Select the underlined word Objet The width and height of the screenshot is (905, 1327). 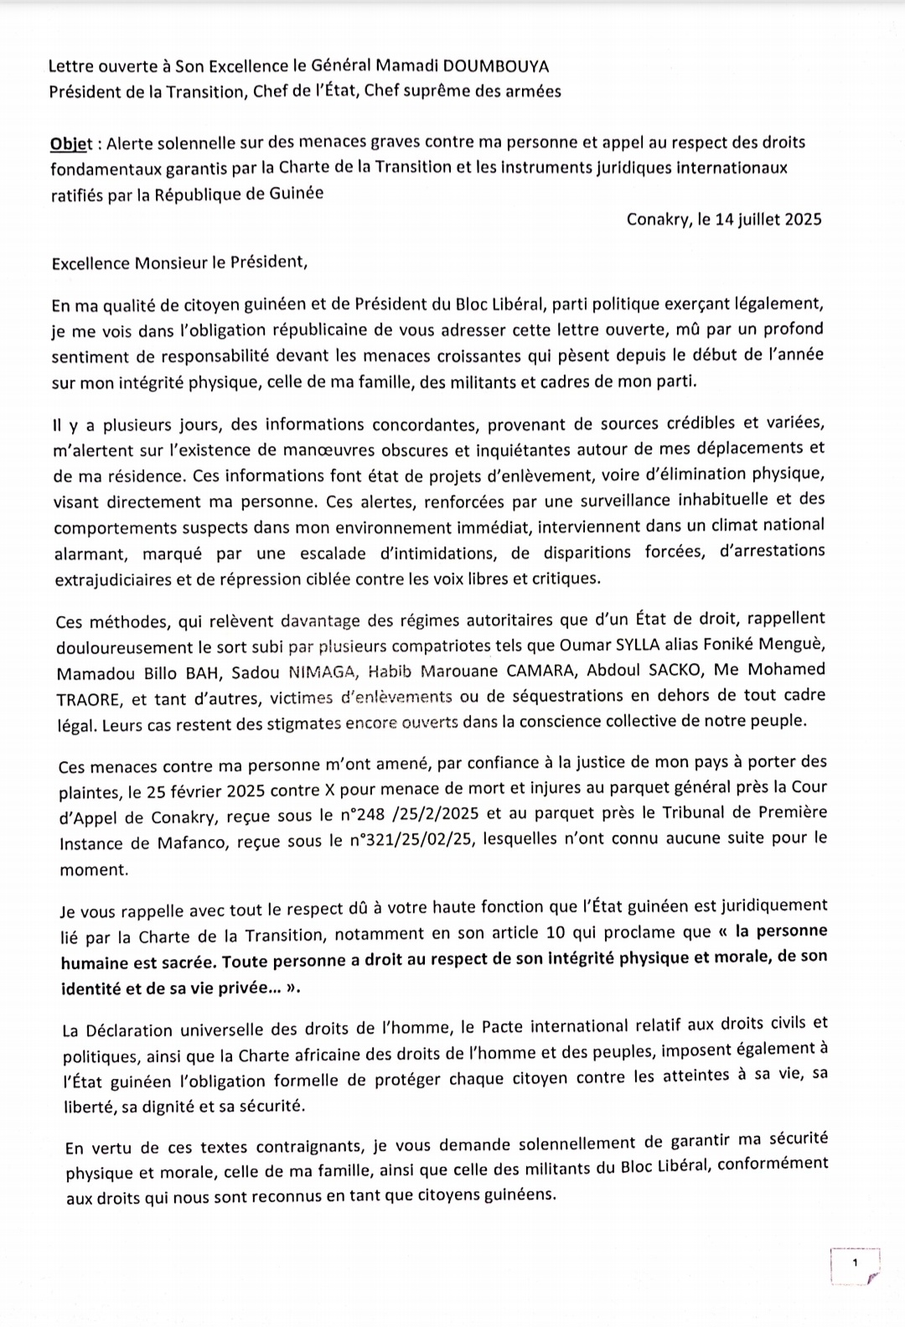[x=71, y=143]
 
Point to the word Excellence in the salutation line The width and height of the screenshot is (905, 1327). [x=90, y=262]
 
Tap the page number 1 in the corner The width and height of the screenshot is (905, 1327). [x=855, y=1262]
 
